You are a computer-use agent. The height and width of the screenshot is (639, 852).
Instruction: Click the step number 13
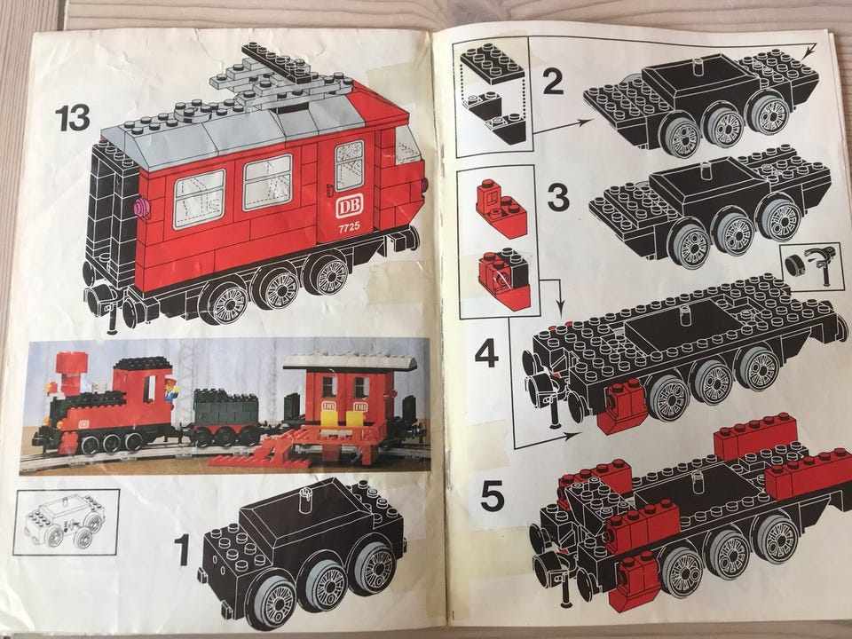[x=72, y=118]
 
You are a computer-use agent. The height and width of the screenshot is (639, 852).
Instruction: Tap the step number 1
[x=181, y=549]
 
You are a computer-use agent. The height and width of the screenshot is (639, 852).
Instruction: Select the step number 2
[x=553, y=82]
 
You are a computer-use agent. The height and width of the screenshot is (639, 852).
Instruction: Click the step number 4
[x=487, y=353]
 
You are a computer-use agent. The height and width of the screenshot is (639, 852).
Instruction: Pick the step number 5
[x=493, y=496]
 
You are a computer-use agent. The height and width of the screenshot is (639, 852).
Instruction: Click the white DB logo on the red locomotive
[x=348, y=206]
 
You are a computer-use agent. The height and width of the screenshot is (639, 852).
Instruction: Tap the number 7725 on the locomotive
[x=349, y=226]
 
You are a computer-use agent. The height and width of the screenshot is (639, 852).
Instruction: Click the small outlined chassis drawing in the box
[x=65, y=521]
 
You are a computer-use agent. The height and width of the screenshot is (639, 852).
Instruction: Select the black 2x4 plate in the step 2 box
[x=492, y=61]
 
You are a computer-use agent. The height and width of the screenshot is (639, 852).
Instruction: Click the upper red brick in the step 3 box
[x=501, y=209]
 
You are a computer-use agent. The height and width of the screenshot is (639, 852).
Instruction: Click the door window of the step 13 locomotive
[x=350, y=165]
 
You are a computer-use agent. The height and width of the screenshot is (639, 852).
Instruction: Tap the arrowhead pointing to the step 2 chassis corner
[x=810, y=51]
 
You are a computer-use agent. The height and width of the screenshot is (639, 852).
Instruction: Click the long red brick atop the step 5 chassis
[x=755, y=435]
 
